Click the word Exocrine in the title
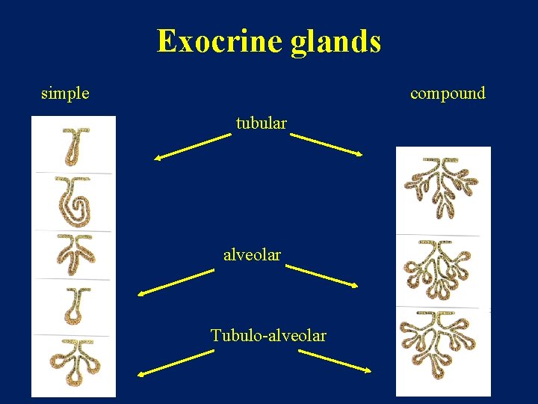[220, 41]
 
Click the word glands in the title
[336, 43]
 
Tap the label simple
[65, 94]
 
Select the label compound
[448, 94]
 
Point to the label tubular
[261, 123]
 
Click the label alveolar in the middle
[252, 254]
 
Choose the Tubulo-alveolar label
[268, 335]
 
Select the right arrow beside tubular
[327, 144]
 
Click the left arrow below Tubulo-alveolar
[175, 362]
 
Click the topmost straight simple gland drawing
[73, 146]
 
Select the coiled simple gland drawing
[73, 202]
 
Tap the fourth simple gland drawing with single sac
[73, 306]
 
